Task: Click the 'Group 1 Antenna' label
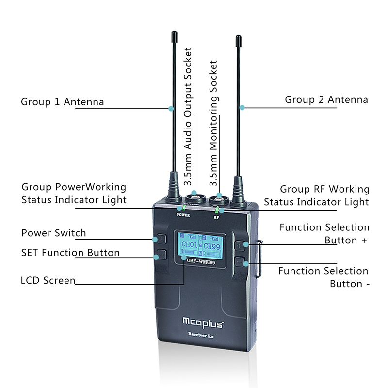[x=63, y=102]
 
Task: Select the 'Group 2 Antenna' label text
[x=326, y=100]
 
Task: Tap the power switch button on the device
[x=162, y=239]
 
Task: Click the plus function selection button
[x=240, y=246]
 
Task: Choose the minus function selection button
[x=240, y=261]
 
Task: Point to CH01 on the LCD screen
[x=189, y=245]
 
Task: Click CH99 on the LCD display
[x=211, y=246]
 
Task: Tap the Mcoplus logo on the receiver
[x=203, y=323]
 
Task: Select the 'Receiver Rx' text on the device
[x=201, y=335]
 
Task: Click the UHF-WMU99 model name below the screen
[x=201, y=261]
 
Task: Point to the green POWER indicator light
[x=184, y=208]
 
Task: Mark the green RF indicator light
[x=217, y=210]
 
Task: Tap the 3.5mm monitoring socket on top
[x=219, y=199]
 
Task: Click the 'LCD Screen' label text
[x=48, y=280]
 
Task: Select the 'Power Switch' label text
[x=54, y=233]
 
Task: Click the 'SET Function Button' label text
[x=70, y=253]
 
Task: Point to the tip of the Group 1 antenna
[x=175, y=31]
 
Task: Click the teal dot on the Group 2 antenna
[x=242, y=107]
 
